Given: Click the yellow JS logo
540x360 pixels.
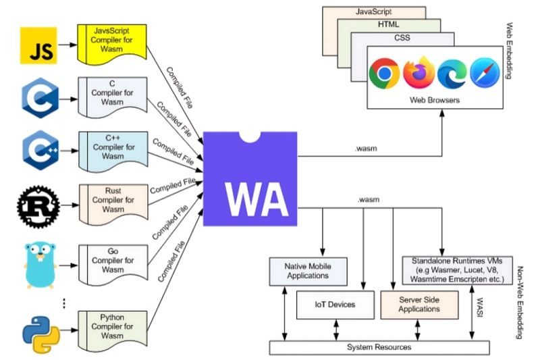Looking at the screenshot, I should point(38,47).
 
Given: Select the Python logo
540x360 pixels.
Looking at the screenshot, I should point(40,330).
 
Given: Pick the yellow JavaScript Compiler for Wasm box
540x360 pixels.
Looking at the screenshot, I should point(112,41).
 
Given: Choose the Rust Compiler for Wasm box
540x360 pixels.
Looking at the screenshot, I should point(112,200).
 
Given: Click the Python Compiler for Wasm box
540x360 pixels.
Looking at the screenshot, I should point(112,326).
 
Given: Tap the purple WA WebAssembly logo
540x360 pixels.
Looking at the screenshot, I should point(251,180).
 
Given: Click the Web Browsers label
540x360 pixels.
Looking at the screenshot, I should point(435,100).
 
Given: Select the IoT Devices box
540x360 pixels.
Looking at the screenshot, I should point(335,305).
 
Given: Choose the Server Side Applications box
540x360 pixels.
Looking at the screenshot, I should point(419,305).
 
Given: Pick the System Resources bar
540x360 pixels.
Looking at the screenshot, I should point(379,347).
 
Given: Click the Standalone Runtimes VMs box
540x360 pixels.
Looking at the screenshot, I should point(456,270).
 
